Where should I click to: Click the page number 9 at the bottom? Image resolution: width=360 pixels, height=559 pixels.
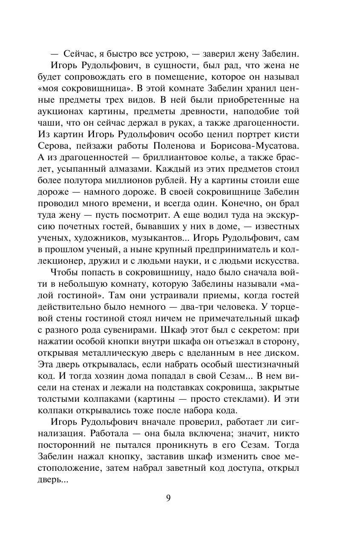[168, 498]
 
